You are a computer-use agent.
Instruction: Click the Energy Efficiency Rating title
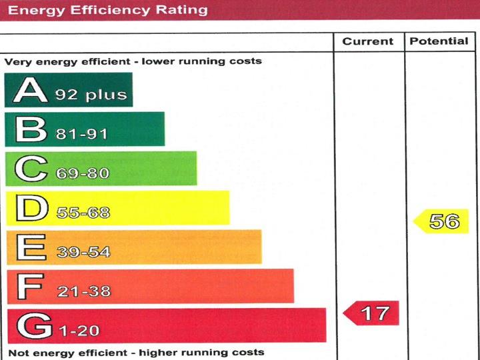click(x=107, y=10)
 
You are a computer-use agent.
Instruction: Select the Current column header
click(x=368, y=41)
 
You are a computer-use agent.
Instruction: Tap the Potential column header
click(x=439, y=41)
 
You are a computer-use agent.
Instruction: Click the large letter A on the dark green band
click(x=30, y=90)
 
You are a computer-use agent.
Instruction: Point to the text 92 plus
click(x=91, y=95)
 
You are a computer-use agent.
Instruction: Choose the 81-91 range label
click(x=82, y=134)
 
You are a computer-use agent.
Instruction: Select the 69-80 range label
click(x=82, y=173)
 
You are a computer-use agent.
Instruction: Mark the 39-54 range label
click(x=83, y=252)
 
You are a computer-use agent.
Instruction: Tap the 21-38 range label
click(x=83, y=291)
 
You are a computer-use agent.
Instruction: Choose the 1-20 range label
click(x=79, y=330)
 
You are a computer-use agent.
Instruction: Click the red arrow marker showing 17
click(x=371, y=313)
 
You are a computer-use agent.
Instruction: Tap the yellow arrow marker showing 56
click(x=441, y=221)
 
